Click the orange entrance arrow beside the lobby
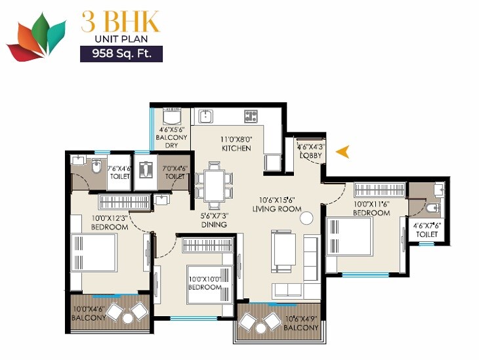(x=342, y=152)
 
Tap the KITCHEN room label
(x=236, y=148)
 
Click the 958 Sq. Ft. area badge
(x=121, y=54)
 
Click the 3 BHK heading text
(x=120, y=22)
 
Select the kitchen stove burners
(x=251, y=117)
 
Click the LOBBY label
(x=310, y=155)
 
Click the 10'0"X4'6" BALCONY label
(x=89, y=315)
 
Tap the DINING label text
(x=214, y=225)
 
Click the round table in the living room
(x=306, y=217)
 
